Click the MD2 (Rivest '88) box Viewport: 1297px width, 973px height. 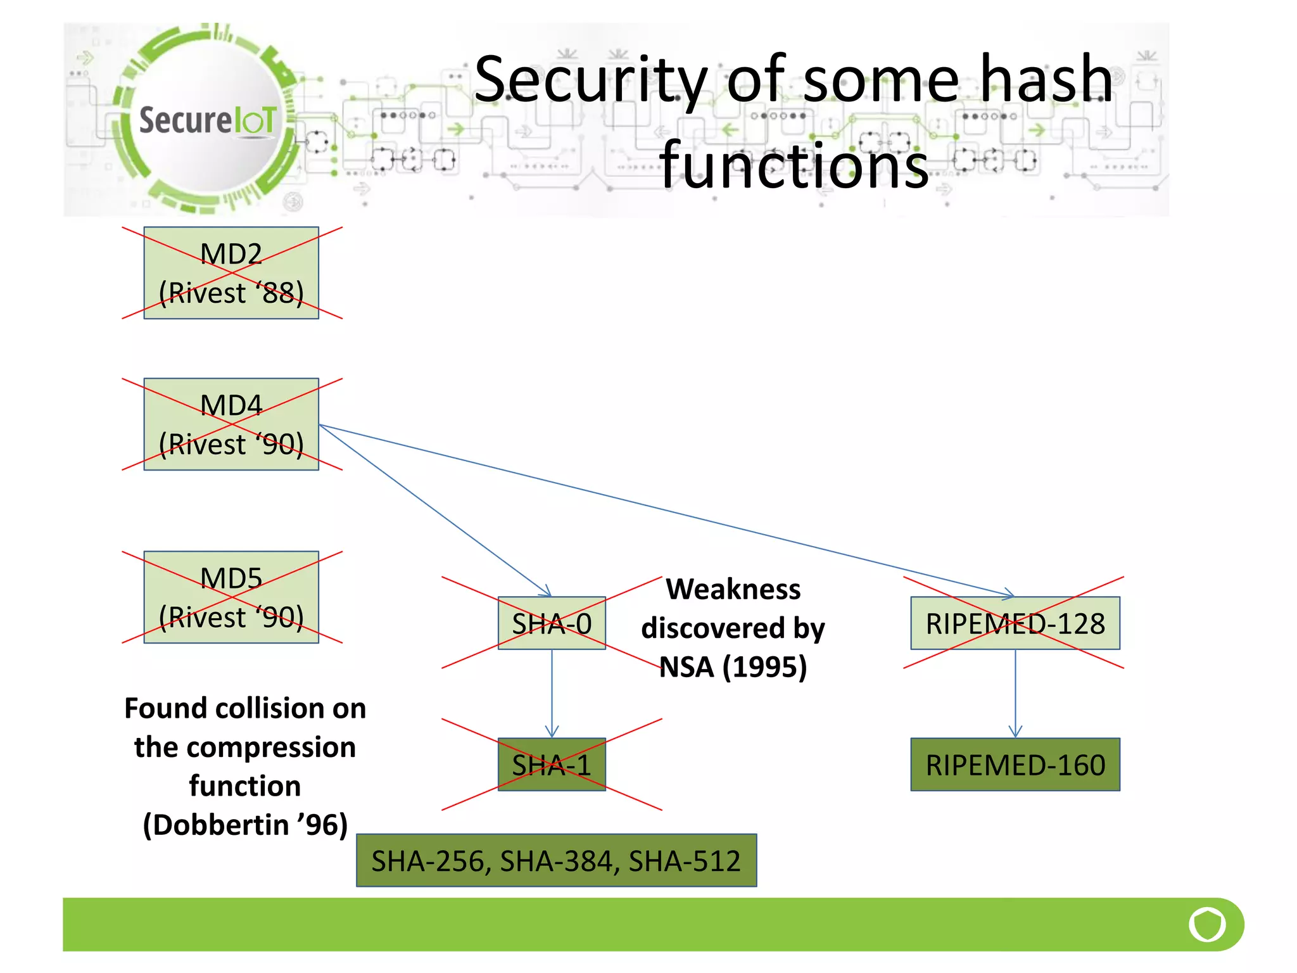click(231, 273)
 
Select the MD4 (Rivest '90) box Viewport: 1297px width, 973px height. click(231, 424)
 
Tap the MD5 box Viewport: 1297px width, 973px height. click(231, 597)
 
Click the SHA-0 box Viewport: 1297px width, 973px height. click(552, 623)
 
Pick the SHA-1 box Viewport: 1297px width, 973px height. click(552, 765)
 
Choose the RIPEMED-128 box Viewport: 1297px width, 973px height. click(1015, 623)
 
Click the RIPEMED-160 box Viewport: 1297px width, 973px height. click(1015, 765)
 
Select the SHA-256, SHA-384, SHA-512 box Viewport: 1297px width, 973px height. click(556, 861)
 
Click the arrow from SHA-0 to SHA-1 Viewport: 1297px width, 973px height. click(552, 694)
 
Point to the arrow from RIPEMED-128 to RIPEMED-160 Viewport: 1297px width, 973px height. click(1015, 694)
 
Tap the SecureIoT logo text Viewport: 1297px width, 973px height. click(208, 120)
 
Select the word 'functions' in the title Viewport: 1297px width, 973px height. click(794, 166)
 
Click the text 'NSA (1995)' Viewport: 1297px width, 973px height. click(733, 667)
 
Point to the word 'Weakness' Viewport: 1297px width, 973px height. click(733, 590)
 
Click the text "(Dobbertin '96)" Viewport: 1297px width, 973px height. click(245, 825)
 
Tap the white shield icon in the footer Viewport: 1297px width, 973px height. click(1207, 924)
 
